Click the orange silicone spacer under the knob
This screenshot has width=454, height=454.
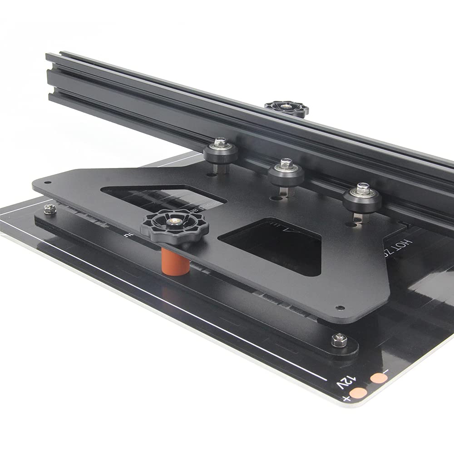(x=175, y=262)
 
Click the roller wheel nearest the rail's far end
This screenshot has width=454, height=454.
(x=221, y=152)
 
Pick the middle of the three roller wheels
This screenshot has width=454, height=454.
(x=286, y=172)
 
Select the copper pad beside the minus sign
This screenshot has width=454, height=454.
(x=379, y=378)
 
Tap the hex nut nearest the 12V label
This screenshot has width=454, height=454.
(x=339, y=340)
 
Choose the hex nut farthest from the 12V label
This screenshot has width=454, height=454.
(x=50, y=209)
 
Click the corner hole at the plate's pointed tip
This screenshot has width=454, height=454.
(x=48, y=183)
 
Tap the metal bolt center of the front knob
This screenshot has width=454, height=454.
(x=174, y=222)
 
